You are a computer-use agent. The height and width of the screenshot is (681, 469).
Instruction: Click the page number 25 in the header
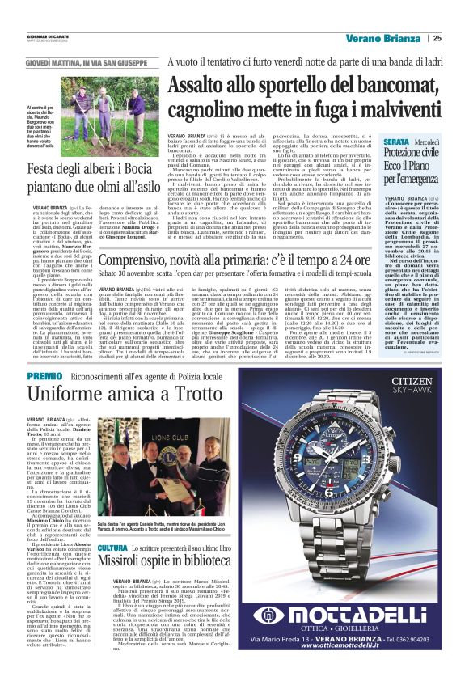[x=437, y=38]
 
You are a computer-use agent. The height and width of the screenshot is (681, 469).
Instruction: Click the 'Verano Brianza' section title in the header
[x=384, y=38]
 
